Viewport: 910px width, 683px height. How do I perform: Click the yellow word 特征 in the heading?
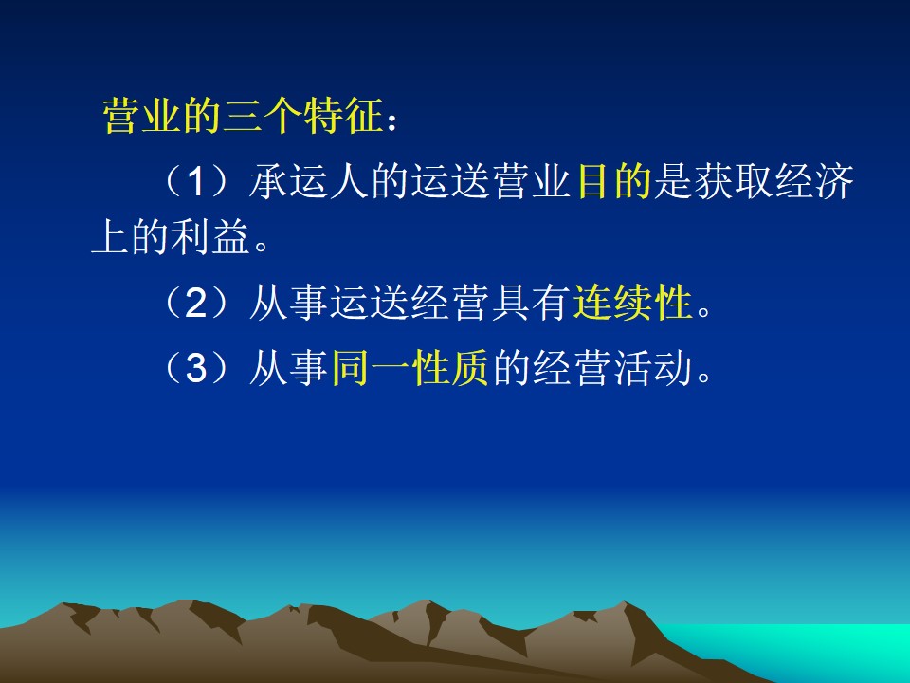click(x=343, y=116)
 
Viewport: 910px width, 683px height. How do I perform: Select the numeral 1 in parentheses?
click(x=196, y=182)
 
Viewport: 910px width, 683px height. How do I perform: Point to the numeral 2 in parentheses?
click(x=196, y=303)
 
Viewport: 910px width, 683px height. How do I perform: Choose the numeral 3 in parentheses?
click(x=196, y=368)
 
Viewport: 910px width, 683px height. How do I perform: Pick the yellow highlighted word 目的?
click(x=613, y=181)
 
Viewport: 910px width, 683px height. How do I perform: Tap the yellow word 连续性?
click(x=633, y=303)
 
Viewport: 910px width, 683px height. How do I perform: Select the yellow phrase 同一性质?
click(x=409, y=368)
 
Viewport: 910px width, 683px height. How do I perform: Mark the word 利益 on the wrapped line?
click(x=210, y=237)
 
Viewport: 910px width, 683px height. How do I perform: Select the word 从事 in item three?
click(x=288, y=368)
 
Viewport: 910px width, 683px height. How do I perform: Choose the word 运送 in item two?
click(x=370, y=303)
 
